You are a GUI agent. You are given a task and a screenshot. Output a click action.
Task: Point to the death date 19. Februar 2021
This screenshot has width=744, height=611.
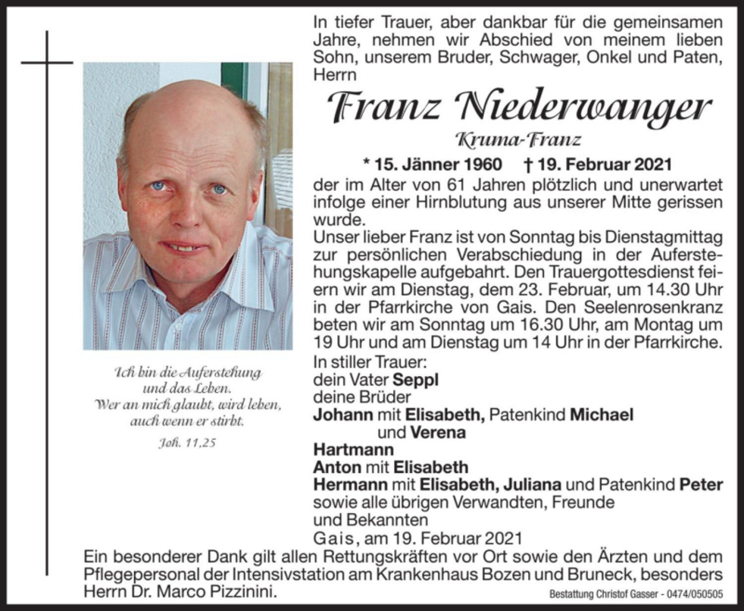pyautogui.click(x=576, y=164)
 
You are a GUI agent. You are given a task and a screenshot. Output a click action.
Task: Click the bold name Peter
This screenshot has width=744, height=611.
pyautogui.click(x=701, y=484)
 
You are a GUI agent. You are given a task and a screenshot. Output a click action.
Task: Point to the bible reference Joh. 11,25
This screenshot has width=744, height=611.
pyautogui.click(x=187, y=443)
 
